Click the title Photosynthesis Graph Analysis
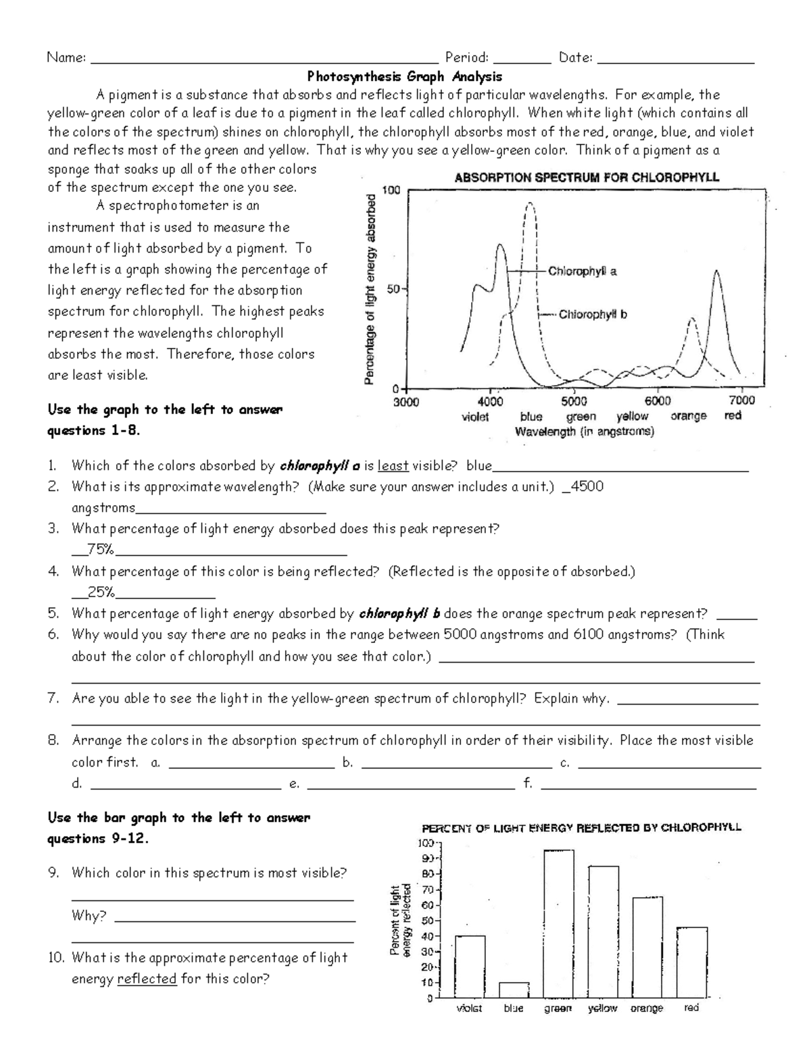tap(405, 76)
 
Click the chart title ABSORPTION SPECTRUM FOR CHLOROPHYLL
tap(587, 178)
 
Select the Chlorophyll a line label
tap(582, 272)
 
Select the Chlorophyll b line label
tap(593, 314)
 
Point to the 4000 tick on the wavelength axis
tap(491, 401)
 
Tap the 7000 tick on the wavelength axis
tap(742, 401)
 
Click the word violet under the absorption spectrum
tap(475, 417)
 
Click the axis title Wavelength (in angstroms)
tap(584, 432)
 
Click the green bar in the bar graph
tap(558, 923)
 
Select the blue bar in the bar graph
tap(514, 990)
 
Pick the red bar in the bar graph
tap(691, 962)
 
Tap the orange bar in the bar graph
tap(647, 946)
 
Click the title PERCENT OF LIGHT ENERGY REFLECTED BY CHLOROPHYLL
tap(581, 827)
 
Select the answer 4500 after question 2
tap(587, 486)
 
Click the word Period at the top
tap(466, 58)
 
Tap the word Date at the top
tap(575, 58)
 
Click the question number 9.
tap(53, 873)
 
